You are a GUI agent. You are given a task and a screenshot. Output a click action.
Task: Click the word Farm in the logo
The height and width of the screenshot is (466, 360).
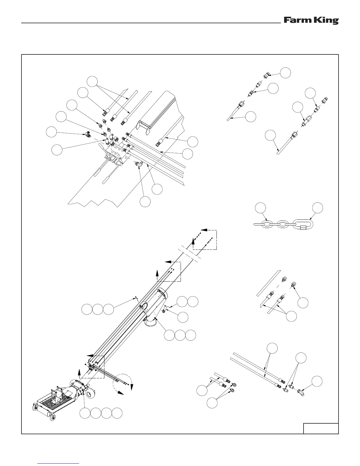coord(295,20)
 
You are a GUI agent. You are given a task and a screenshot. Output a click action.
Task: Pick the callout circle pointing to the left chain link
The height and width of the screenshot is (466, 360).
coord(260,207)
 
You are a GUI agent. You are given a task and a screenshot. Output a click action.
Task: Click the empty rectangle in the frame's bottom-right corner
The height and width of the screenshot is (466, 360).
coord(321,428)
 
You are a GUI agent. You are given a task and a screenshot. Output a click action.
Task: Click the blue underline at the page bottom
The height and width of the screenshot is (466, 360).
coord(59,463)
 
